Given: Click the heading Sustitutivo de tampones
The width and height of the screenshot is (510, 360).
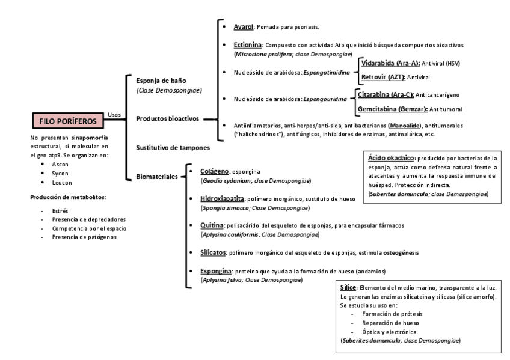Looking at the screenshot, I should coord(173,147).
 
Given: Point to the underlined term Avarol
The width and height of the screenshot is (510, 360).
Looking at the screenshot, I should coord(243,27).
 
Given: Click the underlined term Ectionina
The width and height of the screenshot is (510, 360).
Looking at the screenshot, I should coord(247,45).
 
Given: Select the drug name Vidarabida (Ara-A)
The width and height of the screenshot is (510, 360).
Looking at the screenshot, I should coord(382,63).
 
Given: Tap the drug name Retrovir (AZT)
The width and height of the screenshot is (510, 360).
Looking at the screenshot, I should coord(382,77).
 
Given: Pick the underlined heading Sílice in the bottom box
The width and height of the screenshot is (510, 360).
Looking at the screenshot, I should coord(349,288).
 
